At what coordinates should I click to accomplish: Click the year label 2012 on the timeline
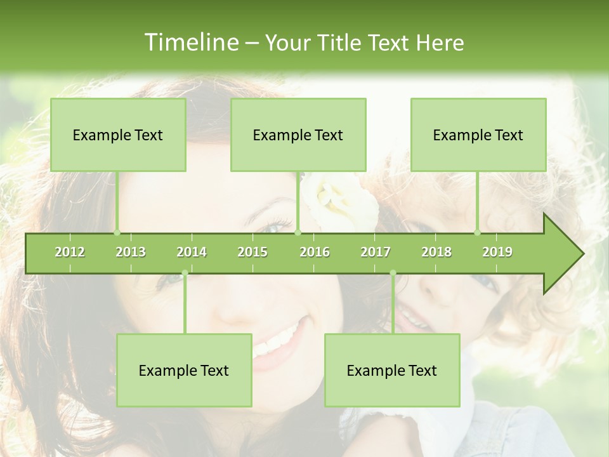tap(70, 252)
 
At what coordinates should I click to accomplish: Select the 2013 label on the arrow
tap(131, 252)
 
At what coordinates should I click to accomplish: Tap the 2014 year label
tap(192, 252)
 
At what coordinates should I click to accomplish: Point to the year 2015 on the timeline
tap(252, 252)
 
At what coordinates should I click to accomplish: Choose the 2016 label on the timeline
tap(315, 252)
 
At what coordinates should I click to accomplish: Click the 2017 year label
tap(376, 252)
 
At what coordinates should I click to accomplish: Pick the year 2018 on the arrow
tap(436, 252)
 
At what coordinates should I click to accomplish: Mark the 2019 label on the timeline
tap(497, 252)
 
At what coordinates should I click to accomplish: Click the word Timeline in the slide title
tap(190, 43)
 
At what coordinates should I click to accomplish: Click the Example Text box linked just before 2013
tap(118, 135)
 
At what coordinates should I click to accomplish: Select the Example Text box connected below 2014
tap(184, 370)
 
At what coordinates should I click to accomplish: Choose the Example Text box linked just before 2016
tap(298, 135)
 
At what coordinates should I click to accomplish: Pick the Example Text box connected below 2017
tap(392, 370)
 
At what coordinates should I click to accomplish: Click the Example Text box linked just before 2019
tap(478, 135)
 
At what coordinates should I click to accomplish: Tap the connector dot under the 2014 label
tap(185, 273)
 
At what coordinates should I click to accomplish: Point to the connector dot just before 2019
tap(478, 232)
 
